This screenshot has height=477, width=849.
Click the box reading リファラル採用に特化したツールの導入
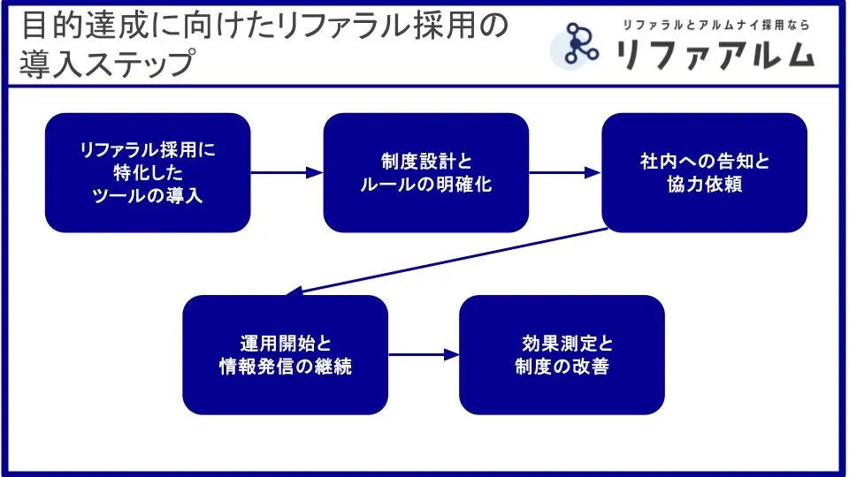tap(148, 172)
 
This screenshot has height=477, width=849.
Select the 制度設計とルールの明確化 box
tap(425, 172)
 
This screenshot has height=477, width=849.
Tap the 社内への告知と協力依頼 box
tap(704, 172)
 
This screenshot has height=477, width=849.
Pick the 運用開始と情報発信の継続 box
tap(285, 354)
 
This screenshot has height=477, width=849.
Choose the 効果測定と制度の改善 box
tap(562, 354)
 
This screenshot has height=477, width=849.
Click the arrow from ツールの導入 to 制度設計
tap(287, 173)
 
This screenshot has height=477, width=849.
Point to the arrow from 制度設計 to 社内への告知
tap(565, 173)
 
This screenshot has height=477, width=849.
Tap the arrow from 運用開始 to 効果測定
tap(424, 355)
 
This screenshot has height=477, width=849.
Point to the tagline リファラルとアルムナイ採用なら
tap(715, 25)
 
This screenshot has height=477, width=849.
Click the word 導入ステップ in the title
tap(106, 64)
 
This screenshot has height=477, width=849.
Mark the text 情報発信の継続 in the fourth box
tap(285, 367)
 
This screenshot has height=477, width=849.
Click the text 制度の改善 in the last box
tap(562, 367)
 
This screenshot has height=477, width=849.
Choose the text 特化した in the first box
tap(147, 172)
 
